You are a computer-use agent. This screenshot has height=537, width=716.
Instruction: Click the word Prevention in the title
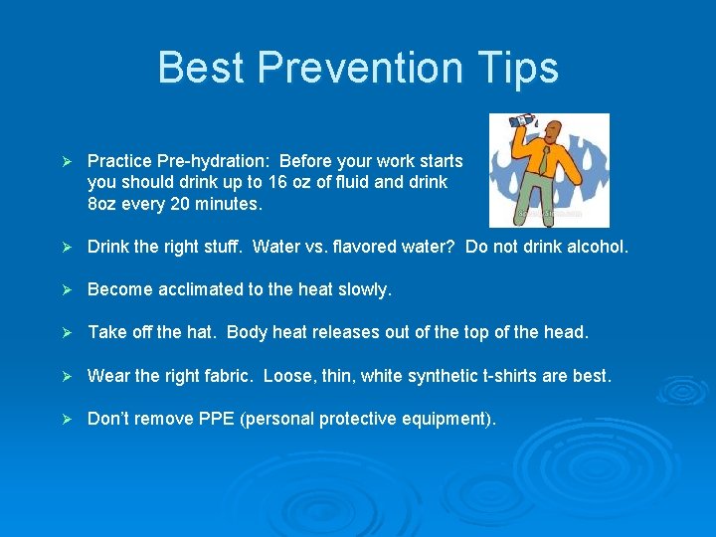pyautogui.click(x=359, y=68)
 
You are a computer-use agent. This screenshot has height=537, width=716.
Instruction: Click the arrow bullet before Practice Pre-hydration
pyautogui.click(x=67, y=161)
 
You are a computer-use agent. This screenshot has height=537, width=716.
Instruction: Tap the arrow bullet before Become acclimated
pyautogui.click(x=67, y=289)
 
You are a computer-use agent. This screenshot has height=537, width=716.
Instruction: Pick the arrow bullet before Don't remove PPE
pyautogui.click(x=67, y=419)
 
